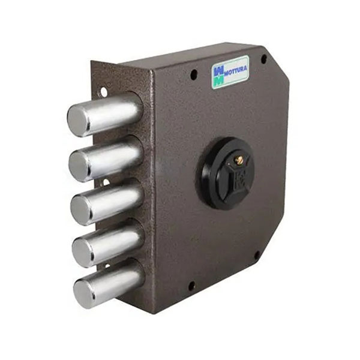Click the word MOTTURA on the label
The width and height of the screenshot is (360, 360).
pos(235,69)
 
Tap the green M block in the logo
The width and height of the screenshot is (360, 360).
pos(218,81)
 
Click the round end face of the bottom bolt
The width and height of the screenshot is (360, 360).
pos(84,294)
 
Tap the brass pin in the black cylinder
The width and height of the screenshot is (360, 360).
pos(239,160)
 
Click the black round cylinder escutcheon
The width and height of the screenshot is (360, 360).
pos(224,173)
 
